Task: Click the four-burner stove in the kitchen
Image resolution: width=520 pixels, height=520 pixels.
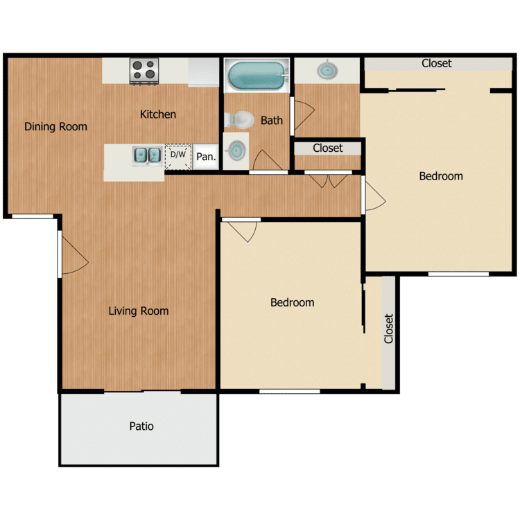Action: [x=145, y=71]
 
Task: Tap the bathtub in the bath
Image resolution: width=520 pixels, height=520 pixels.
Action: [x=257, y=76]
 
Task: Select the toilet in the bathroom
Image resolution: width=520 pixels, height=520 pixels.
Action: [x=240, y=120]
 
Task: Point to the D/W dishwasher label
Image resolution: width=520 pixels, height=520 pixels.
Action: [x=178, y=155]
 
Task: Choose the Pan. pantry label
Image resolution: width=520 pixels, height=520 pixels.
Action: [x=206, y=157]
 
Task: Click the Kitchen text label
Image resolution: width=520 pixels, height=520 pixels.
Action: [x=158, y=114]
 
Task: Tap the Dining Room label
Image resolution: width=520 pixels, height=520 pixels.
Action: [x=56, y=127]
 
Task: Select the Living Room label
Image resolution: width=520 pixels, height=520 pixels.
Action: [x=139, y=311]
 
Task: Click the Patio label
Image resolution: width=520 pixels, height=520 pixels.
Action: [x=141, y=426]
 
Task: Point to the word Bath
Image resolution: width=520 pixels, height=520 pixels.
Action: [x=272, y=121]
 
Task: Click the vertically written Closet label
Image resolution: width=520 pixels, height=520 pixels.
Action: [x=389, y=329]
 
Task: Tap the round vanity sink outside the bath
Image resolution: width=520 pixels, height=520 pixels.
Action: [x=326, y=70]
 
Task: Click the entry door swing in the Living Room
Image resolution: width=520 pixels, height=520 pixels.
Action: [x=73, y=253]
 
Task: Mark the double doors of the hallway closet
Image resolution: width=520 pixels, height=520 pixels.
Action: [x=329, y=180]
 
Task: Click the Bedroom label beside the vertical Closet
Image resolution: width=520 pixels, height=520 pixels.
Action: [x=292, y=303]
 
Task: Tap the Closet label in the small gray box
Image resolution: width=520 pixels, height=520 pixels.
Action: [x=328, y=148]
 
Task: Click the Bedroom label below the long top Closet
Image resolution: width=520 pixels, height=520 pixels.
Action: [x=441, y=176]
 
